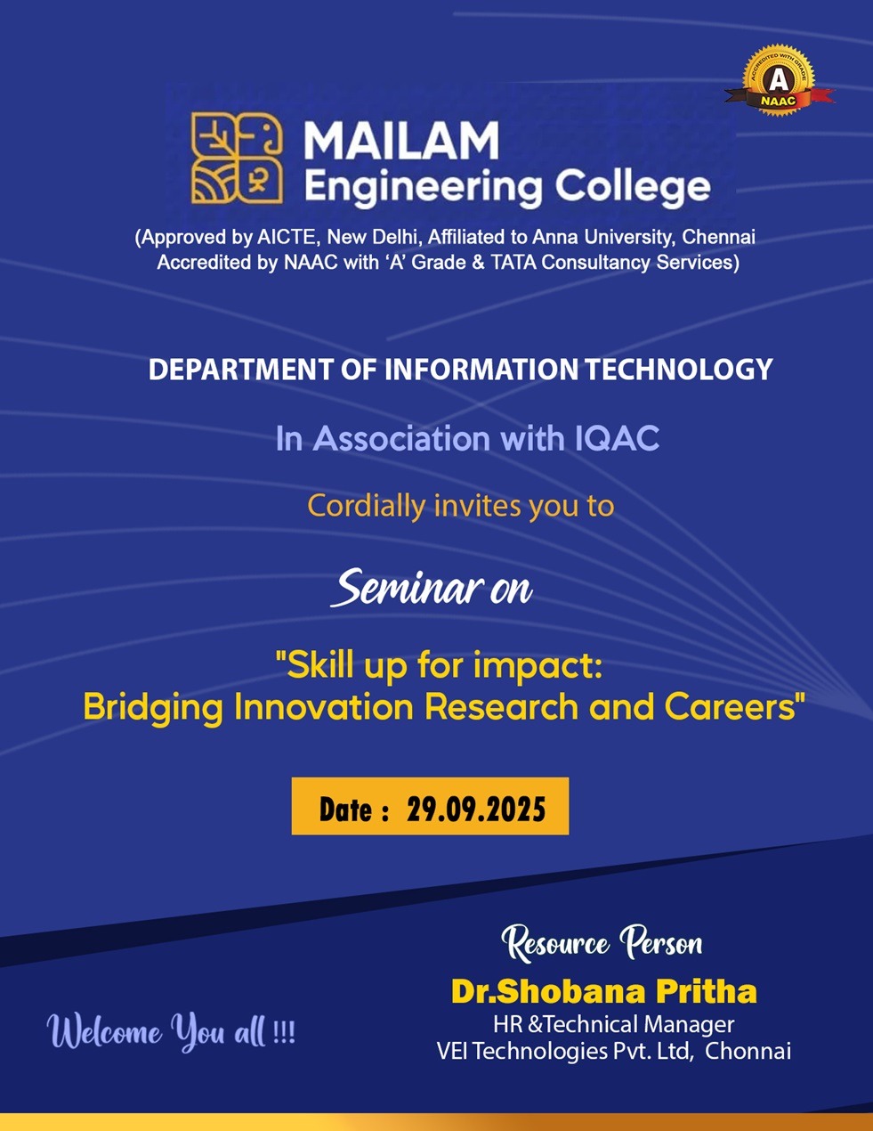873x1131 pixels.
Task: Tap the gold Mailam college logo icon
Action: (237, 158)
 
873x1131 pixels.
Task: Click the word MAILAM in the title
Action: (401, 141)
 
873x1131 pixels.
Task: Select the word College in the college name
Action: (633, 187)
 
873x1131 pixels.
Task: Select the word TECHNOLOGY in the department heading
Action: (679, 370)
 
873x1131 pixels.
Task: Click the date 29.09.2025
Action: (476, 810)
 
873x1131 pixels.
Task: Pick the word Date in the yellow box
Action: (345, 810)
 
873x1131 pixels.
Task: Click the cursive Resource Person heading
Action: (602, 943)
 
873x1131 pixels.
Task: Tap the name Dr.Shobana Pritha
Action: (603, 991)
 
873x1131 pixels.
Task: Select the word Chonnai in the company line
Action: (748, 1051)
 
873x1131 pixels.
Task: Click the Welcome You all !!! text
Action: (171, 1033)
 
